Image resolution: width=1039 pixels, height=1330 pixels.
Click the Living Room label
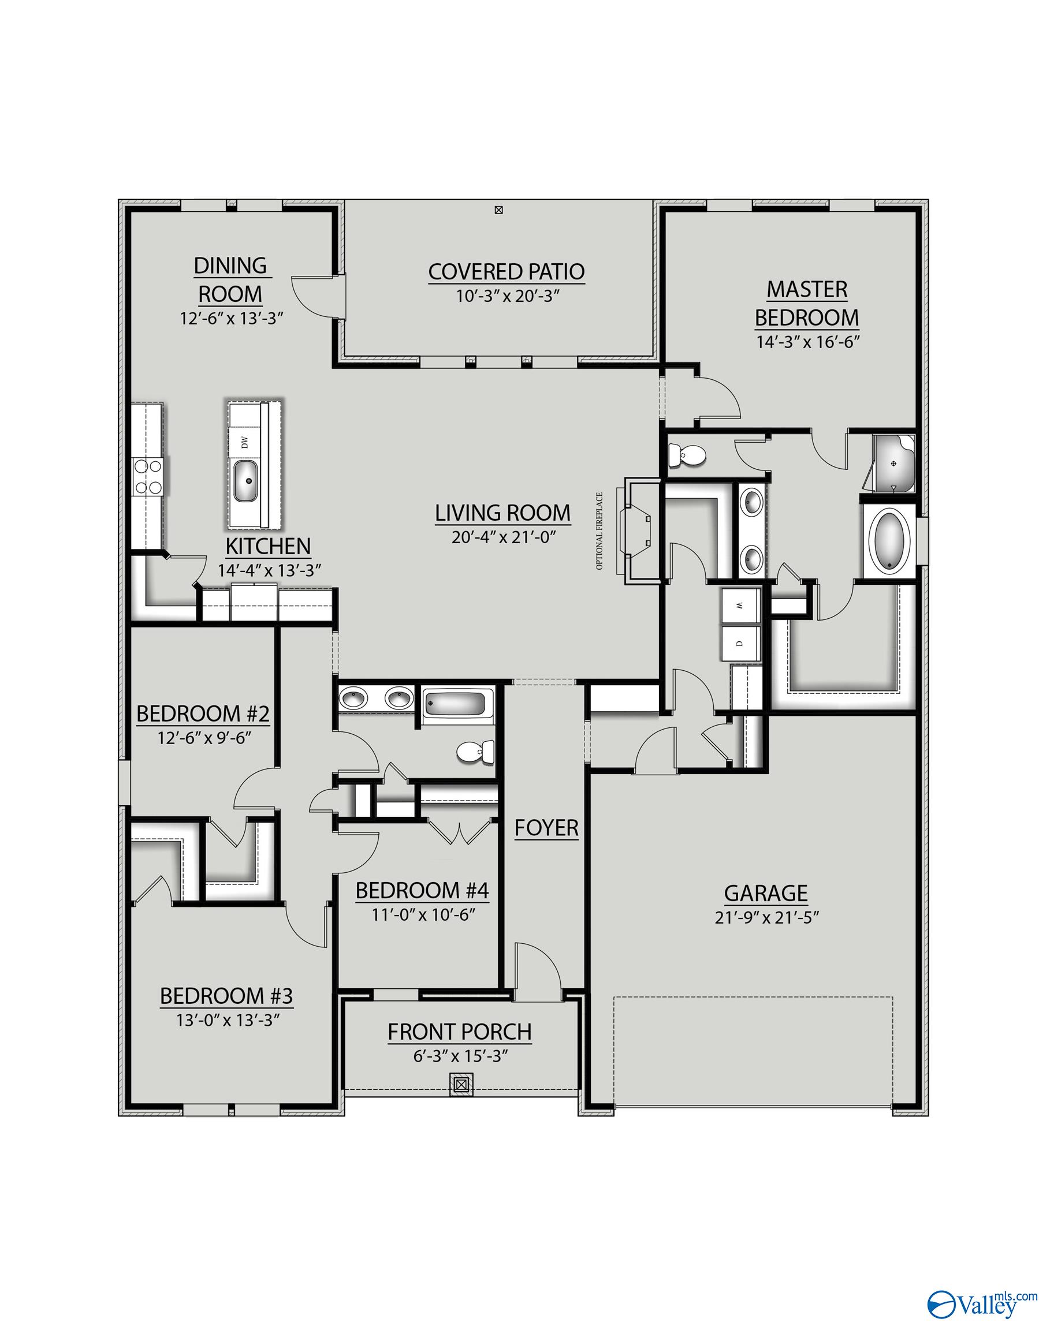pyautogui.click(x=502, y=513)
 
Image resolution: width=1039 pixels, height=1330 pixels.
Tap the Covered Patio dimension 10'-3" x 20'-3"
pyautogui.click(x=508, y=297)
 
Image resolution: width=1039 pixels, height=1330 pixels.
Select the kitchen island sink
pyautogui.click(x=246, y=481)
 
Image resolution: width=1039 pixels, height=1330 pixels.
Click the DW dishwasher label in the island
pyautogui.click(x=245, y=442)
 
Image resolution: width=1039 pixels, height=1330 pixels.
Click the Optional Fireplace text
pyautogui.click(x=599, y=531)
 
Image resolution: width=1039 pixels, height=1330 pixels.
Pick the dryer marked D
pyautogui.click(x=740, y=642)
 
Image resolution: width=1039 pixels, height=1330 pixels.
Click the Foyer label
pyautogui.click(x=546, y=828)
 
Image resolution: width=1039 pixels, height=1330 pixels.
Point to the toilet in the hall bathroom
pyautogui.click(x=476, y=752)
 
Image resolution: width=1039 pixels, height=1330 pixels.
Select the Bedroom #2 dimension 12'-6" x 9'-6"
pyautogui.click(x=204, y=738)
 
